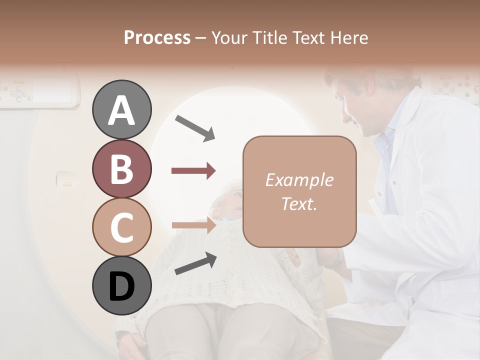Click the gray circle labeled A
tap(121, 109)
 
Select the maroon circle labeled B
tap(121, 168)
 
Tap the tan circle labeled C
tap(121, 227)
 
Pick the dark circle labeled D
tap(121, 285)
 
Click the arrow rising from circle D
tap(195, 263)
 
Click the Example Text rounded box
tap(299, 191)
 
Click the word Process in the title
tap(157, 37)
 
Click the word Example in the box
tap(299, 180)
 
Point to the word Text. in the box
tap(299, 203)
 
